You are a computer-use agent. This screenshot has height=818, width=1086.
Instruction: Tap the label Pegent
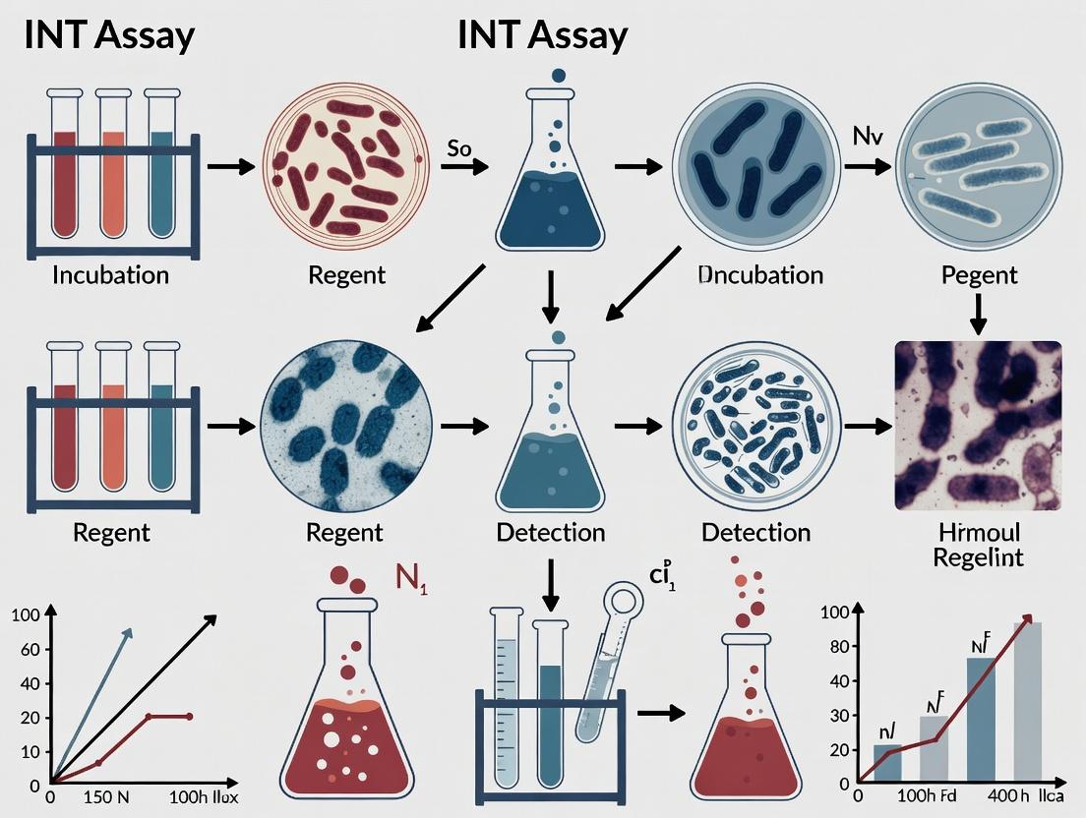tap(978, 273)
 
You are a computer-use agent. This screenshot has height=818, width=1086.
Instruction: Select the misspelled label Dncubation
tap(759, 273)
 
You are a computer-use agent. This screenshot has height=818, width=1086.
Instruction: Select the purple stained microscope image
tap(978, 426)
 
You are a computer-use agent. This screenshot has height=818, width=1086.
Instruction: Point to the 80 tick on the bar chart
tap(835, 647)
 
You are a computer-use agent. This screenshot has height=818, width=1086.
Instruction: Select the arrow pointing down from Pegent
tap(978, 312)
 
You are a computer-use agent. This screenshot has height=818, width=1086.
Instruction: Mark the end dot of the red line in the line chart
tap(189, 716)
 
